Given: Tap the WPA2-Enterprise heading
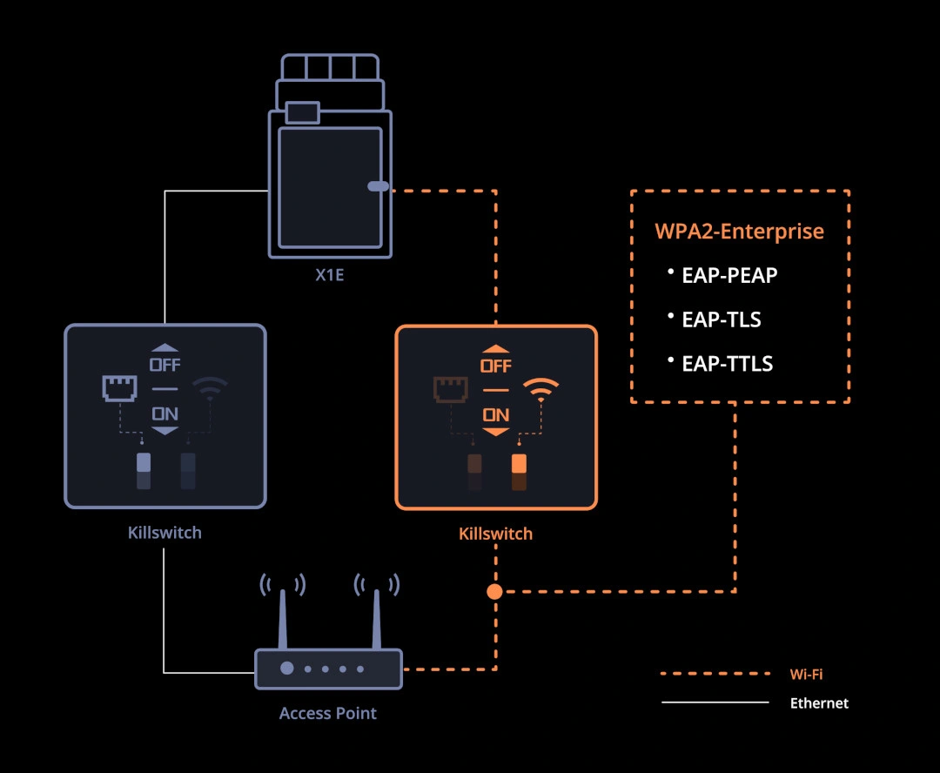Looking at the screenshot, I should pos(739,232).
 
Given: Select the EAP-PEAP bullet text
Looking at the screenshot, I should pos(729,275).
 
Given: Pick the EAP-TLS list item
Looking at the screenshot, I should pos(721,319).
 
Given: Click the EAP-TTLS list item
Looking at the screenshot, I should pos(727,364).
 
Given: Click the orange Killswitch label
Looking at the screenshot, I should pos(495,534).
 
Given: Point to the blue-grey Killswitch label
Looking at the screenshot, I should pos(164,533).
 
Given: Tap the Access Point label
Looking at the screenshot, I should pos(328,714).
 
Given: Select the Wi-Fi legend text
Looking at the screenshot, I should pos(805,674).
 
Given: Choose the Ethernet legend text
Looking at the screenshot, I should pos(818,702).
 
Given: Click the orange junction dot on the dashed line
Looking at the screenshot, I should pos(494,592).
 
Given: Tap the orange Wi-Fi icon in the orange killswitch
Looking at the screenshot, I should pos(540,389).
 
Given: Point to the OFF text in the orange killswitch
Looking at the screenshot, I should pos(496,366).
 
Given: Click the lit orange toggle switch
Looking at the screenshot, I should pos(519,463).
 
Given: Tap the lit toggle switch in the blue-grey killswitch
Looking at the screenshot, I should pos(144,462).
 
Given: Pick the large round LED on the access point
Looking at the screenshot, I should pos(286,669).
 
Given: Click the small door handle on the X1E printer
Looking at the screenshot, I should pos(378,186).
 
